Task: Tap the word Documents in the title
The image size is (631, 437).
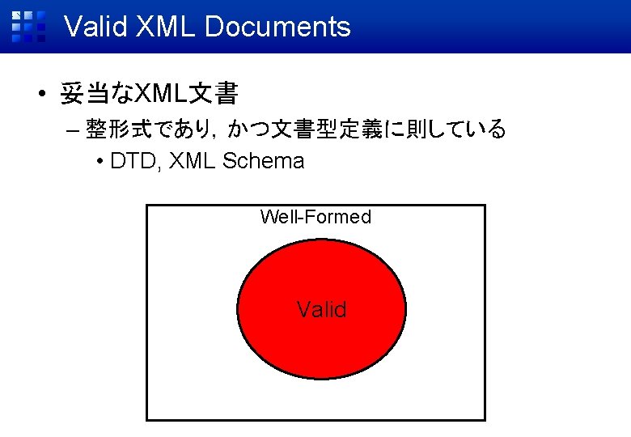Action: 277,27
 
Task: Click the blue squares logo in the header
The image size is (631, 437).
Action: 28,26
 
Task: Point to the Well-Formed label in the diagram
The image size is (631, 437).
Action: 315,217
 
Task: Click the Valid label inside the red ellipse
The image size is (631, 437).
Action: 321,309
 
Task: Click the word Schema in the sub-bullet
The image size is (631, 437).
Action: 263,161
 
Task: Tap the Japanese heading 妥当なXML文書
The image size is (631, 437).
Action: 149,95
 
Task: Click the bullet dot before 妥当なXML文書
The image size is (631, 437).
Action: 40,95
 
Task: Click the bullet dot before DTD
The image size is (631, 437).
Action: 100,162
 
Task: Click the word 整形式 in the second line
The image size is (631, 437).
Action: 115,129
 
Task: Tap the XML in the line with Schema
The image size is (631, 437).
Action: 194,161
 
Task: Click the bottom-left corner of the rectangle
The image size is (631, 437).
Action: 146,420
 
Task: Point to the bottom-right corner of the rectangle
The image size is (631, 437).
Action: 485,420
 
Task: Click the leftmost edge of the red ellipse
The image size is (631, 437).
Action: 237,308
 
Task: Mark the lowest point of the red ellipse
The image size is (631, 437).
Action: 321,380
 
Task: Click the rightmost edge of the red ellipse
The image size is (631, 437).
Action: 406,308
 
